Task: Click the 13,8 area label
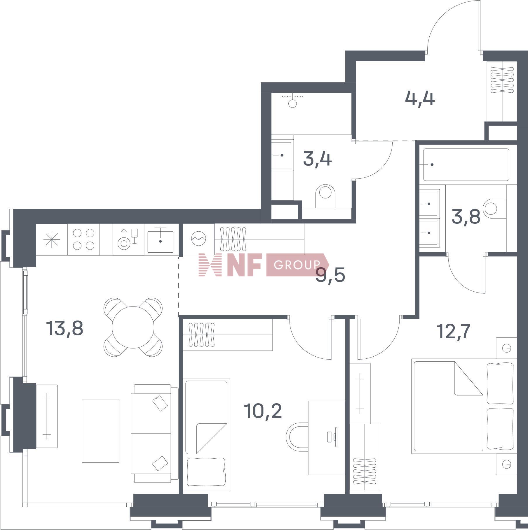click(65, 328)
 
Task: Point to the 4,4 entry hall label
click(420, 99)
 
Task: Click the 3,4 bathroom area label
click(317, 160)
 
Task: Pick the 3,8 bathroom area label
click(466, 217)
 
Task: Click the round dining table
click(133, 327)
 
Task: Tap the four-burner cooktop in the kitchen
click(83, 239)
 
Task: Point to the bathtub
click(466, 165)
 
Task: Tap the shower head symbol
click(292, 103)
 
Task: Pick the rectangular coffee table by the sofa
click(100, 430)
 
